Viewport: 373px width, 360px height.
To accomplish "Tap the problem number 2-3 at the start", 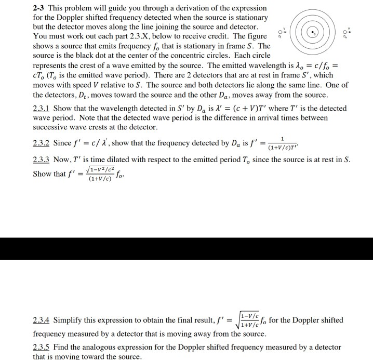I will click(x=39, y=8).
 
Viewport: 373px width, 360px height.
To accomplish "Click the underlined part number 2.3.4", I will click(x=42, y=321).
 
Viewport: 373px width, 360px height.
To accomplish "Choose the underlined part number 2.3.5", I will click(x=42, y=347).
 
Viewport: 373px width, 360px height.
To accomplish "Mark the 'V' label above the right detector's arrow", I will click(x=349, y=24).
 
